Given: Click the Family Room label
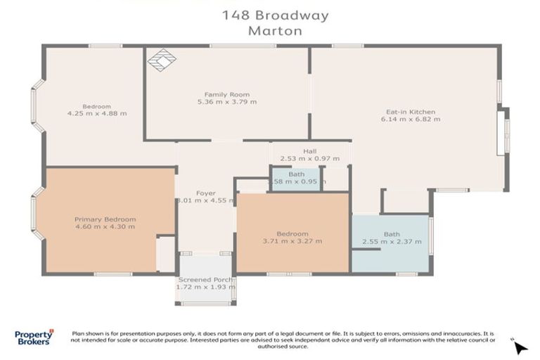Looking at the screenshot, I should point(226,94).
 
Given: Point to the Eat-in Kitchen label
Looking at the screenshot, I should point(411,112).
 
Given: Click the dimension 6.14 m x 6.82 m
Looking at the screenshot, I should point(411,120).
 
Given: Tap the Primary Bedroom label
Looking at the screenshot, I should point(105,219).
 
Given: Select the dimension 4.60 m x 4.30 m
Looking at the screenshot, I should point(105,227).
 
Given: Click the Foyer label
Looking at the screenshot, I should point(205,193).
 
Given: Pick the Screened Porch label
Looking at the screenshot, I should point(205,280).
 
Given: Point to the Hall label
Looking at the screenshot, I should point(309,151).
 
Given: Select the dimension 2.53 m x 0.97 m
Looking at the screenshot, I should point(309,159).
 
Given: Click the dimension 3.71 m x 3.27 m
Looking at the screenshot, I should point(292,242).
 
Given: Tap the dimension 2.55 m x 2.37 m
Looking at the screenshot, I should point(391,242).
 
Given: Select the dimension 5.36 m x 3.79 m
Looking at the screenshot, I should point(226,102).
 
